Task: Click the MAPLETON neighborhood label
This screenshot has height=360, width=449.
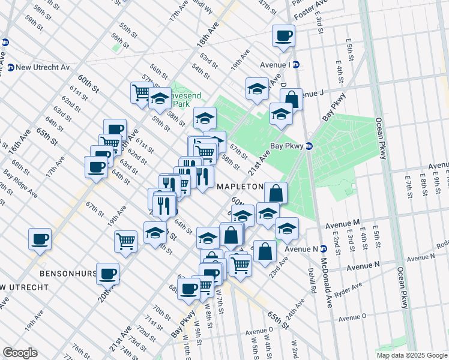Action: [x=240, y=187]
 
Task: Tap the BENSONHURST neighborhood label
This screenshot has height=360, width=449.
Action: [x=68, y=273]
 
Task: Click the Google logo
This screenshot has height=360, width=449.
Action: [x=20, y=353]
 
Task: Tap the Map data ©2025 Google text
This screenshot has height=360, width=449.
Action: [x=412, y=355]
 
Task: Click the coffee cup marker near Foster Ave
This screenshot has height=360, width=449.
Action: [x=283, y=35]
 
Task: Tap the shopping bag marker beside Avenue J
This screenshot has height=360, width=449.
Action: [x=291, y=98]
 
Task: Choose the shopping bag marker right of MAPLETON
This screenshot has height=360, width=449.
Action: [x=276, y=193]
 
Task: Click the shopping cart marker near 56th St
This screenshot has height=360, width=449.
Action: [x=142, y=92]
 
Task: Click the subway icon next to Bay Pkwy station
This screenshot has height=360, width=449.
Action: [x=309, y=145]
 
